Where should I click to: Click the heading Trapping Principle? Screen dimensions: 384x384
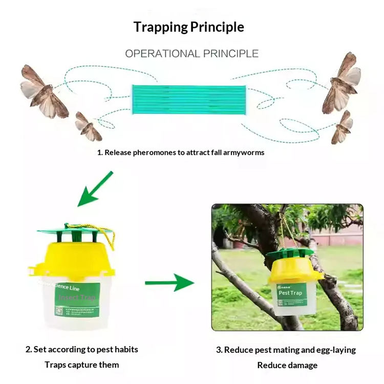click(x=188, y=27)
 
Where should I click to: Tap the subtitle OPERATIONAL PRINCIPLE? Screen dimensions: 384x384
click(x=191, y=53)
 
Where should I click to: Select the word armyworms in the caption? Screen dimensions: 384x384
click(x=245, y=152)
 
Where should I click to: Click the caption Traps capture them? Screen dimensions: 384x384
click(x=82, y=365)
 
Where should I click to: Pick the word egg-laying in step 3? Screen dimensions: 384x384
click(x=335, y=350)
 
